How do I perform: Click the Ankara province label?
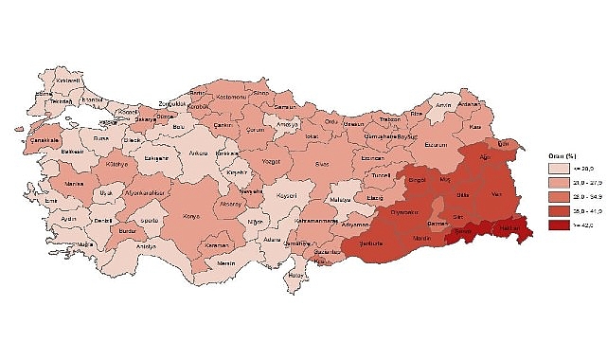pyautogui.click(x=198, y=153)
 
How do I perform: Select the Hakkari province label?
pyautogui.click(x=509, y=229)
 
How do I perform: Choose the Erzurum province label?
pyautogui.click(x=434, y=145)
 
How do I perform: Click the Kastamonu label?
pyautogui.click(x=229, y=98)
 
